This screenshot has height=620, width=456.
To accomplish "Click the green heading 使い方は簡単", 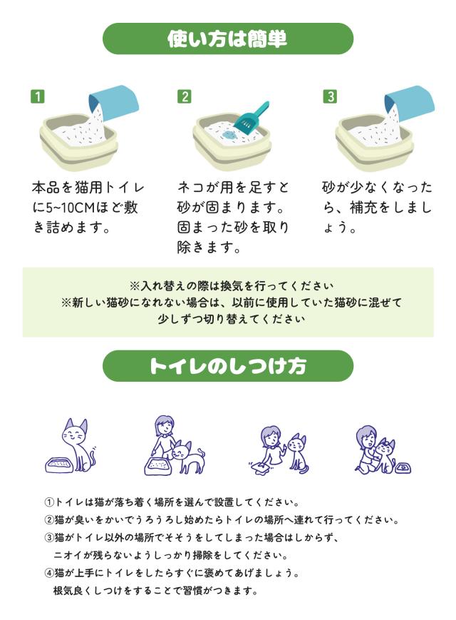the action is coord(227,39).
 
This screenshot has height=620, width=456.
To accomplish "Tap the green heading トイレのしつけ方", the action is coord(228,366).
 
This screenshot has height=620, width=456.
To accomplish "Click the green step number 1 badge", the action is coord(38,96).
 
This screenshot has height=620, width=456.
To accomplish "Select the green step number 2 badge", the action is coord(185,96).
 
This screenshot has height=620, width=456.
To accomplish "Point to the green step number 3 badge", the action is coord(330,96).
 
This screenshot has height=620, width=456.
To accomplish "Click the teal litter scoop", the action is coord(251,118).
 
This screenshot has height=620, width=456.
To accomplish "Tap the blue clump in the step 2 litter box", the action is coord(229,134).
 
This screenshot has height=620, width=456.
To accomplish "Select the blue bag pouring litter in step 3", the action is coord(410,100).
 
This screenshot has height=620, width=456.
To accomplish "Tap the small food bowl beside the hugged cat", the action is coord(402,468).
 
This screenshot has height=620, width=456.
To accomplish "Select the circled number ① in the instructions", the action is coord(49,503).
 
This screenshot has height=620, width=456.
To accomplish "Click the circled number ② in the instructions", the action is coord(49,520).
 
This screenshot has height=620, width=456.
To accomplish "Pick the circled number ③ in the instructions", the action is coord(49,537).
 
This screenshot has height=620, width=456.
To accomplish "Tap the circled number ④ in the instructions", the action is coord(49,572).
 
